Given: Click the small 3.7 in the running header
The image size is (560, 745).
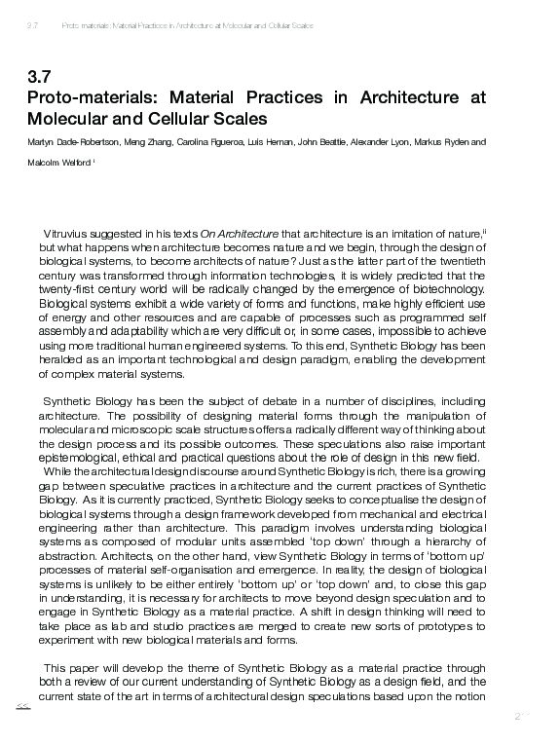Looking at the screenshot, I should tap(32, 25).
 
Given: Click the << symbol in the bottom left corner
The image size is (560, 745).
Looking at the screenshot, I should tap(23, 707).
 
